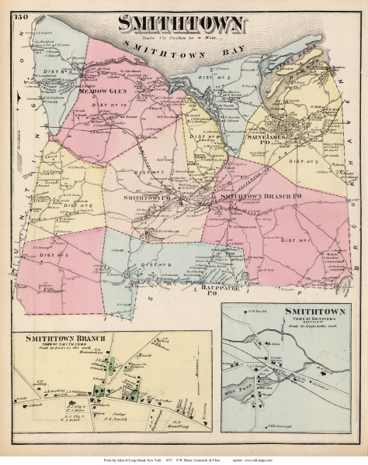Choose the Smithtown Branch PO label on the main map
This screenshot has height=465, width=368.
coord(259,198)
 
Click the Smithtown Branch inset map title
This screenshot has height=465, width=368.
coord(73,319)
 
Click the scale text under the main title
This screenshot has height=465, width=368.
coord(183,38)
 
